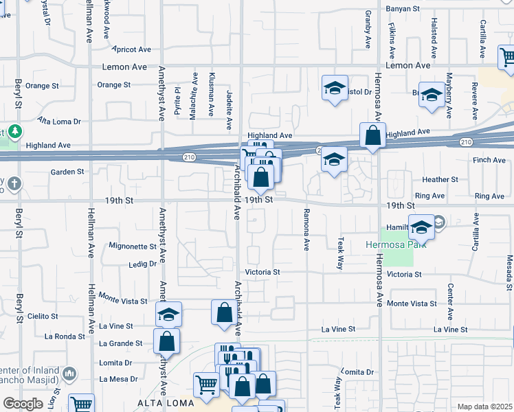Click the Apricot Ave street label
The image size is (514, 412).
[133, 49]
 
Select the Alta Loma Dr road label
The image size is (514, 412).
[59, 122]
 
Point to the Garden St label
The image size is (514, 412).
[67, 172]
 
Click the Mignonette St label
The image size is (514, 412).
[133, 246]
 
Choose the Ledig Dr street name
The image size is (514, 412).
[142, 264]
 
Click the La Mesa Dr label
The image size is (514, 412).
[119, 378]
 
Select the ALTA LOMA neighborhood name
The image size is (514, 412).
[159, 402]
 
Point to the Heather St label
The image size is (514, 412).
[440, 180]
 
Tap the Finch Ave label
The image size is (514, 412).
[489, 160]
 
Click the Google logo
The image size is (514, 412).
[23, 404]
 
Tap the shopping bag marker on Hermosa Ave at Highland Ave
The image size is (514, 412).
[372, 136]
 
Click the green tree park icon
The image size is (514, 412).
[14, 131]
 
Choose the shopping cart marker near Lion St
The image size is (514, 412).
[82, 404]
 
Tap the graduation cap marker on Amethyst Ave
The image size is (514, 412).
[168, 314]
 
